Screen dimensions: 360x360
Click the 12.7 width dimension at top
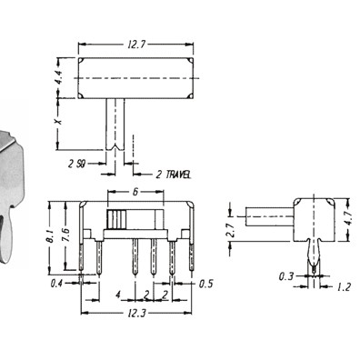click(136, 45)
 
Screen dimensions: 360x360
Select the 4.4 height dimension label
click(59, 77)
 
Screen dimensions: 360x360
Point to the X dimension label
click(58, 121)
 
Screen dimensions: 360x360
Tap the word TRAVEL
click(179, 175)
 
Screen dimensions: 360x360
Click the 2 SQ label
click(77, 164)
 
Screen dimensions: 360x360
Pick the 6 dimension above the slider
click(135, 192)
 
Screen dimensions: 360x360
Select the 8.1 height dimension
click(51, 235)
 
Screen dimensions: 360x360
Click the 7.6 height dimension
click(66, 235)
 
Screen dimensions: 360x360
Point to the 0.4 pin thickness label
click(57, 284)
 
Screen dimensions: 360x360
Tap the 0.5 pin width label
click(206, 284)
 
